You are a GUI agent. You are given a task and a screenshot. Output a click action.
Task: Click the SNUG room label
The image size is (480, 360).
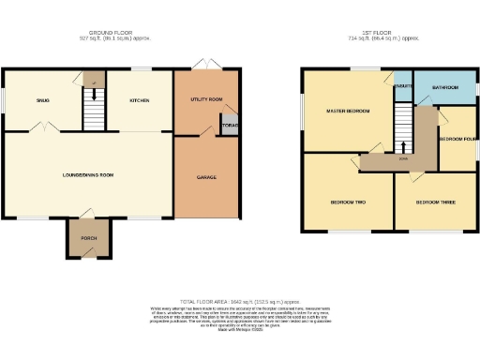tap(42, 98)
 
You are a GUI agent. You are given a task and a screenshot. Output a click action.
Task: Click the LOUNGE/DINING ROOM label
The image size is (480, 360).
tap(88, 173)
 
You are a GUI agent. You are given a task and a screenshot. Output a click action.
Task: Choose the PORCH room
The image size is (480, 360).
tap(89, 238)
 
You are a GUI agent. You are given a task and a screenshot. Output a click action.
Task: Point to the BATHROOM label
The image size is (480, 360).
tap(444, 87)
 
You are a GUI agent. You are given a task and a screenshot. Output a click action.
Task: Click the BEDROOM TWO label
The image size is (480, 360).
tap(348, 202)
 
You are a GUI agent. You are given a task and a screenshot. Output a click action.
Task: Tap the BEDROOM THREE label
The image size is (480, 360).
tap(435, 202)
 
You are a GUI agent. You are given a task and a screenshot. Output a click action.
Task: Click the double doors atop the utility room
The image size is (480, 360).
tap(201, 66)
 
